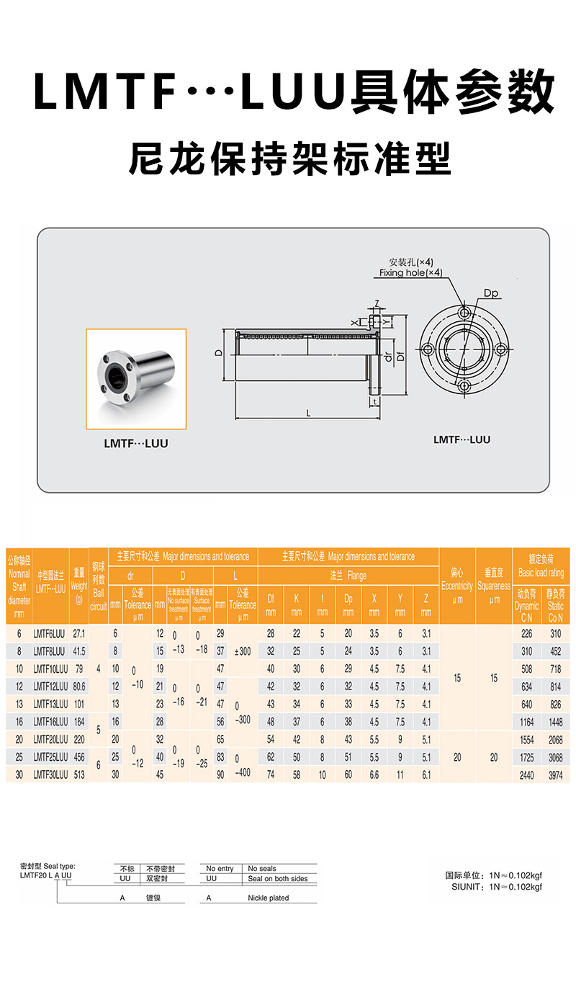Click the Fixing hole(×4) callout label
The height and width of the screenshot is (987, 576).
tap(411, 273)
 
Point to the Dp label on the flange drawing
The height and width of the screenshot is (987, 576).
tap(492, 293)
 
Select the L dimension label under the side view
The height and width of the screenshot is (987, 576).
tap(308, 413)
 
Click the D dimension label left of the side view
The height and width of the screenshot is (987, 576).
tap(217, 353)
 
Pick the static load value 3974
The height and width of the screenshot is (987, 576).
tap(556, 775)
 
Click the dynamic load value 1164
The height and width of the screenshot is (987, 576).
tap(527, 722)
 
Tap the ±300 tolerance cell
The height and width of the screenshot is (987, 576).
tap(242, 651)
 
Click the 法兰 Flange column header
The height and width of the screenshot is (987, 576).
tap(348, 576)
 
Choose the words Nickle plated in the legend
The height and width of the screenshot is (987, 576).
tap(268, 898)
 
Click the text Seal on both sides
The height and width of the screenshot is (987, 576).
tap(277, 879)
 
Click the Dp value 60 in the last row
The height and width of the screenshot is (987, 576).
tap(348, 775)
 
